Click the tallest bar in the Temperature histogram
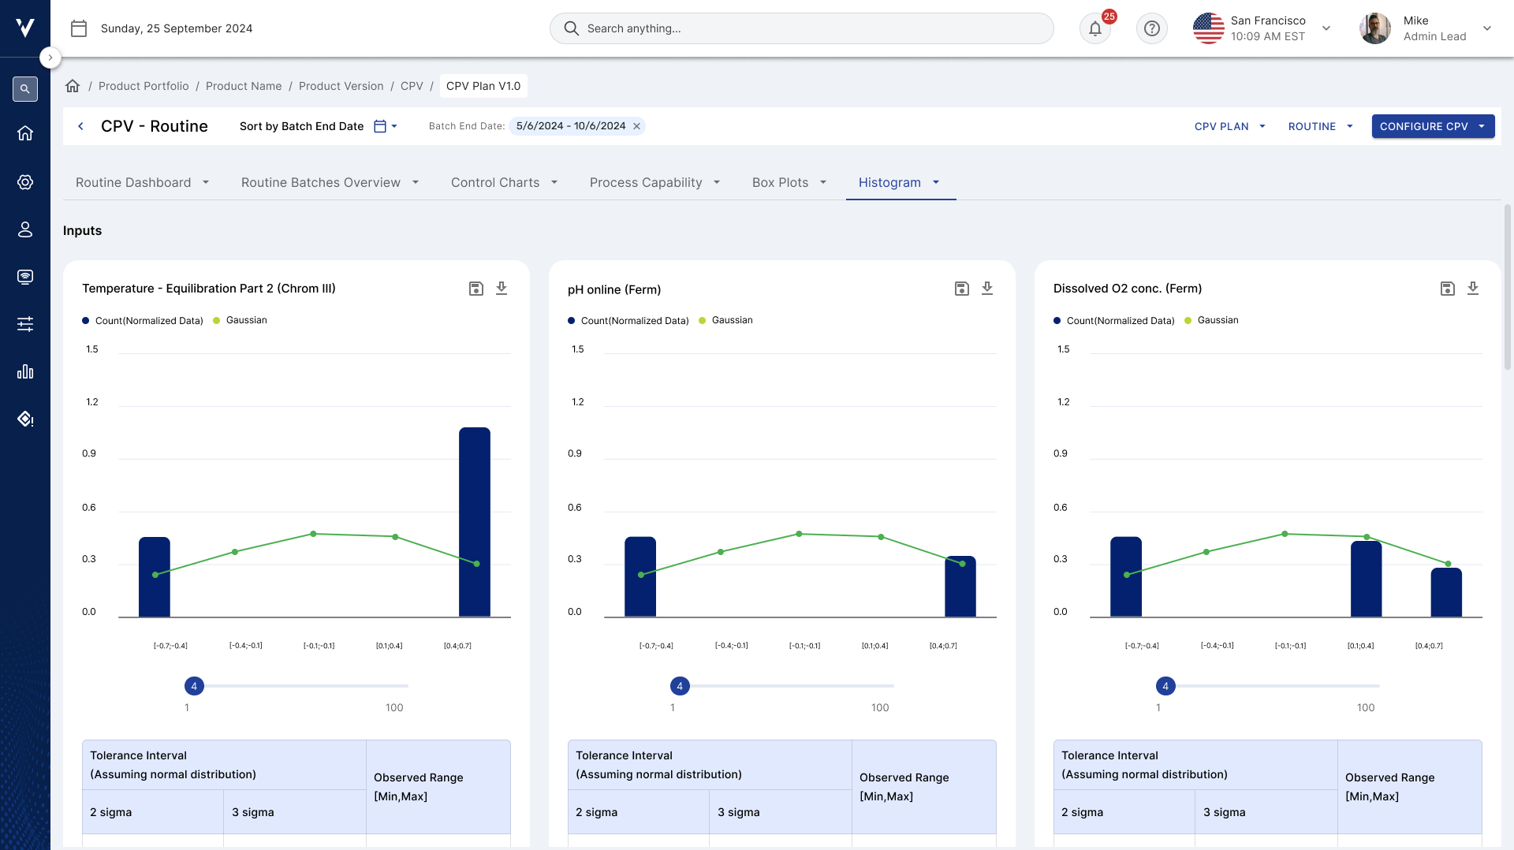[475, 522]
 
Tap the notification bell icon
[1095, 29]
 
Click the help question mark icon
[1152, 29]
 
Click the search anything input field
[802, 28]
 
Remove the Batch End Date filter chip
[637, 126]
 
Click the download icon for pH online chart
[987, 289]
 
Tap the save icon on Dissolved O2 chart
[1448, 289]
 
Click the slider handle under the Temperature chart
[194, 686]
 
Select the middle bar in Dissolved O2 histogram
[1367, 579]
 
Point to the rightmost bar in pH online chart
[960, 587]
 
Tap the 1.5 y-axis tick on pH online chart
[578, 349]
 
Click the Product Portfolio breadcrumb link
[144, 86]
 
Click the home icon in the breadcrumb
[73, 86]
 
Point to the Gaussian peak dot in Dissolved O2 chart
[1285, 534]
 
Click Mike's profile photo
[1375, 28]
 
